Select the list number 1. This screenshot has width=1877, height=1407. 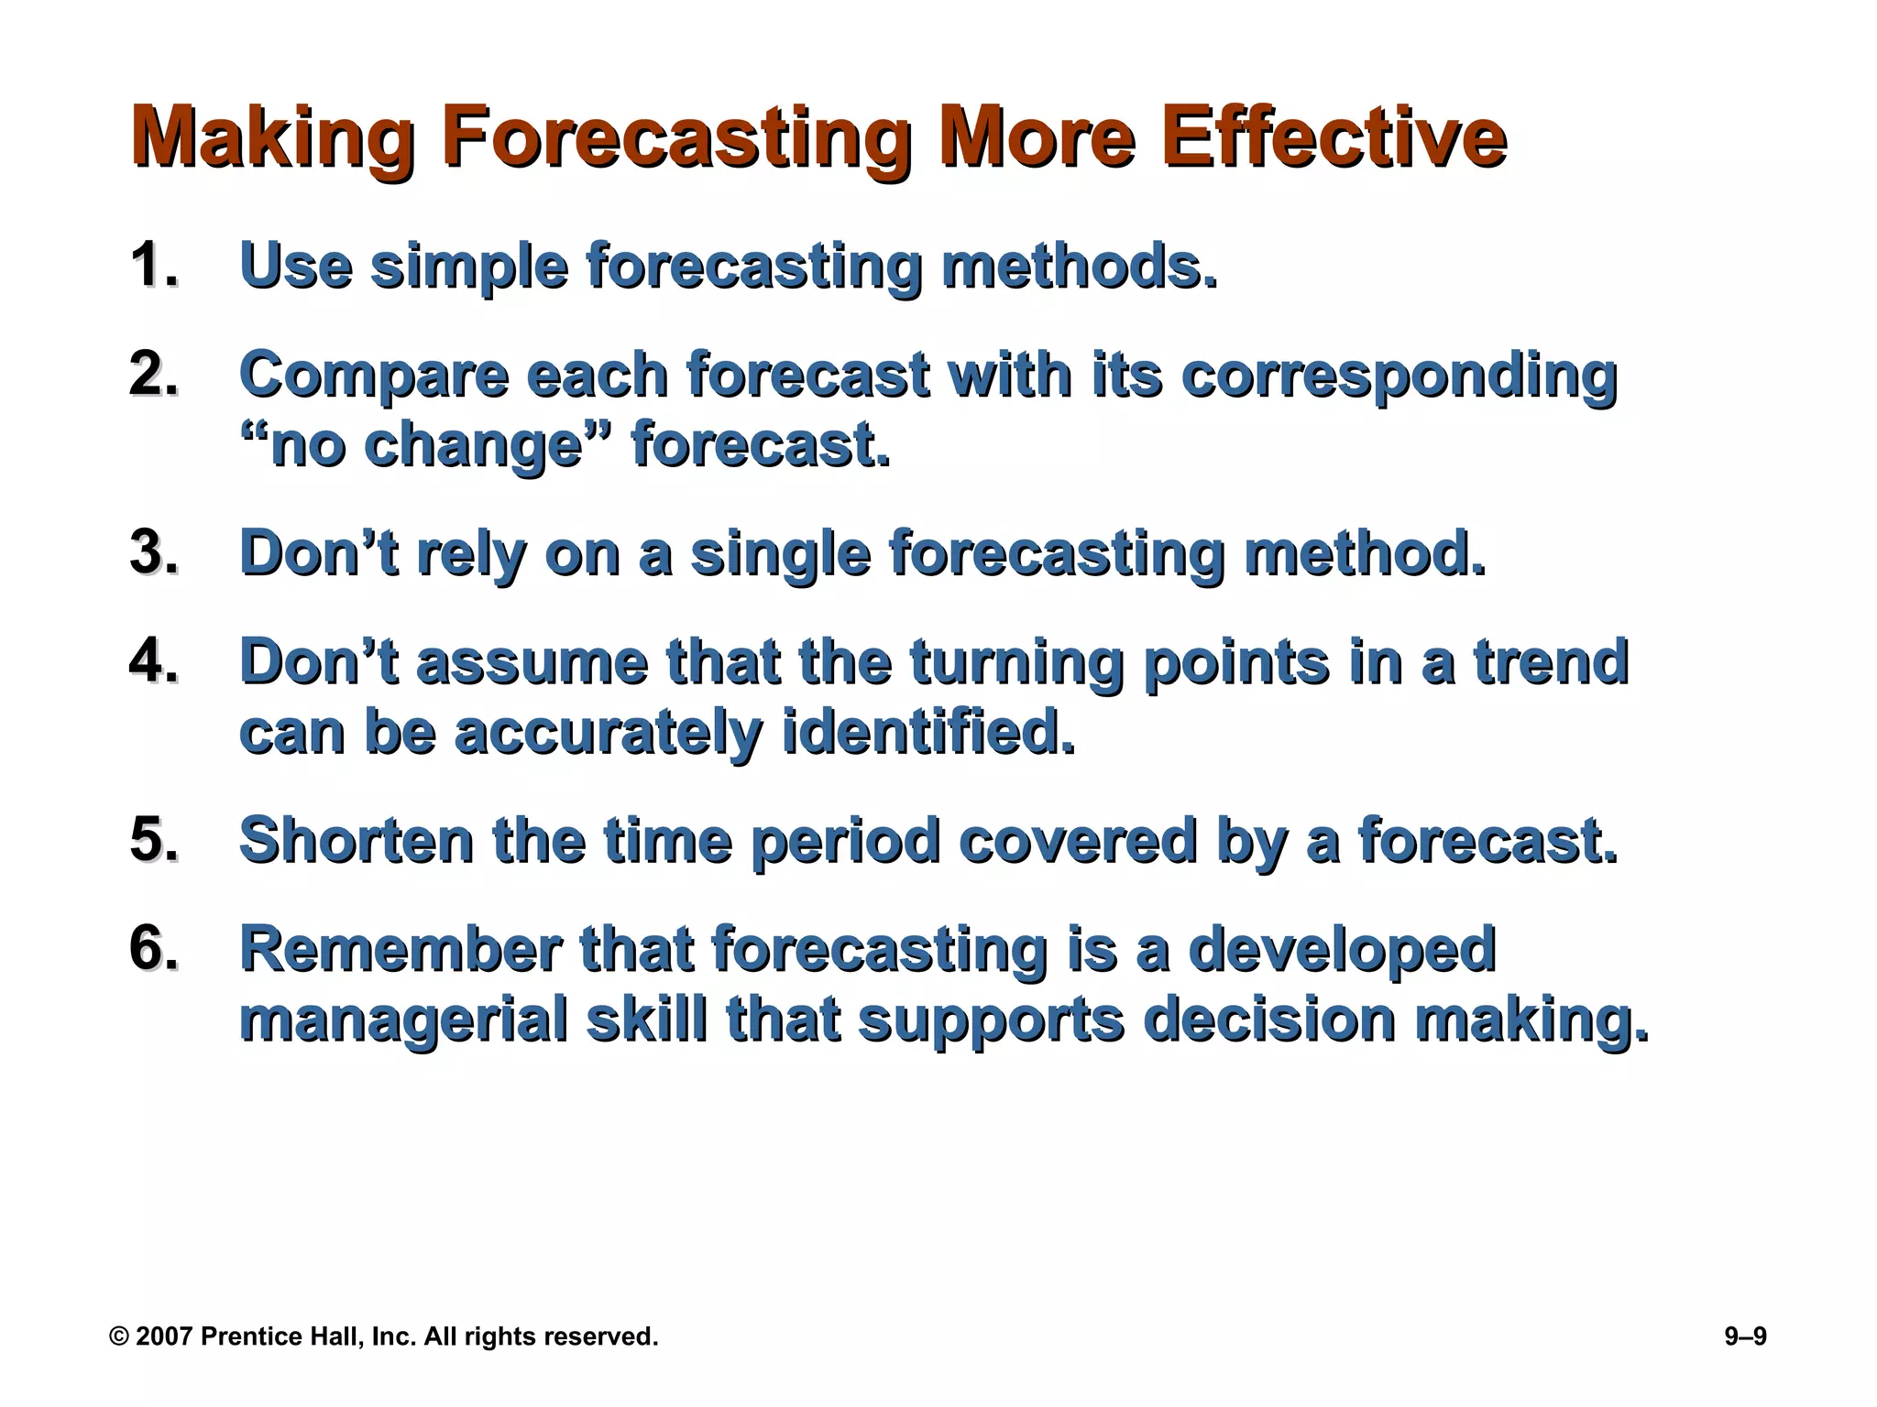[x=152, y=266]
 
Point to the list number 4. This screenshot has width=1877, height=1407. [x=152, y=661]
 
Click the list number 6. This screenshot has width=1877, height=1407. [x=152, y=949]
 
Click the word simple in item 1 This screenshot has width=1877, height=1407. [x=468, y=267]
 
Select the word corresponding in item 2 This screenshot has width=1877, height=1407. [x=1399, y=376]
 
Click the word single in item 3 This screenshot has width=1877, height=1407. [x=779, y=554]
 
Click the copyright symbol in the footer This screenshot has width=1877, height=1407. [x=119, y=1336]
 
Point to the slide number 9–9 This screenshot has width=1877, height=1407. [x=1745, y=1336]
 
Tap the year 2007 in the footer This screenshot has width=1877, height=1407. [x=164, y=1336]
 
